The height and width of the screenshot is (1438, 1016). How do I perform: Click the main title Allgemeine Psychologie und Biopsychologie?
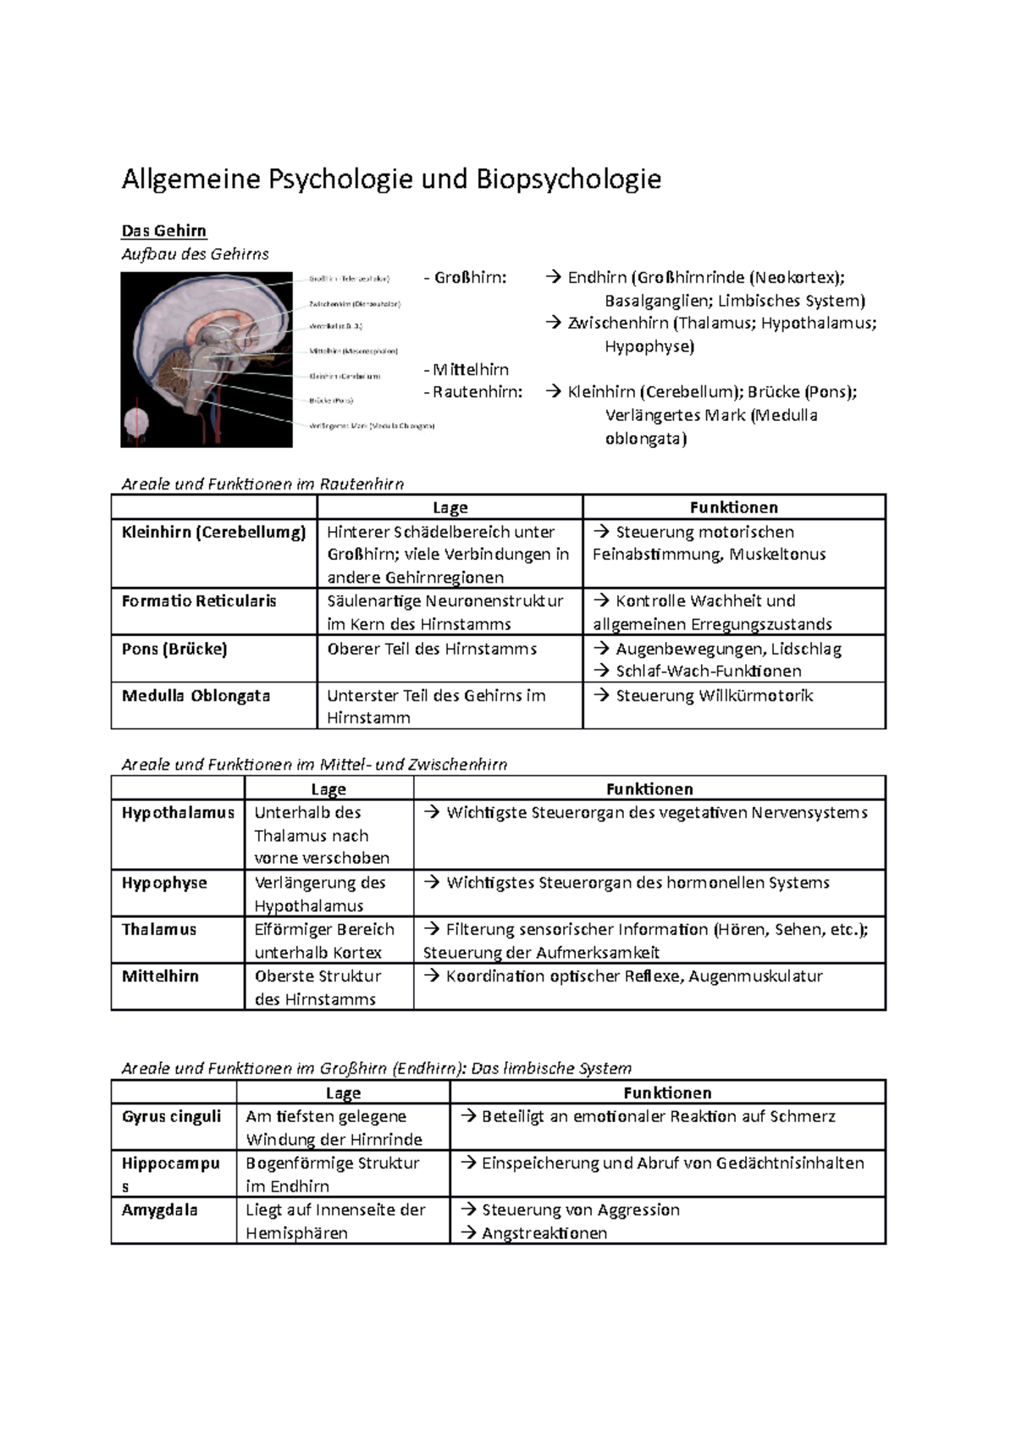click(391, 180)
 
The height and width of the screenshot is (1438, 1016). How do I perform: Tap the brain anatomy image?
click(207, 360)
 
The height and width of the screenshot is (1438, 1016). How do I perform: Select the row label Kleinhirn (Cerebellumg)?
click(213, 533)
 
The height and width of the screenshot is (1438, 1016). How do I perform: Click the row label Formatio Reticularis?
click(199, 601)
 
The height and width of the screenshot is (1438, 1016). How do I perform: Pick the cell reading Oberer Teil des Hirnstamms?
click(432, 649)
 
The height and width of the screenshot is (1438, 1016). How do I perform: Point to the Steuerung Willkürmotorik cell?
click(714, 696)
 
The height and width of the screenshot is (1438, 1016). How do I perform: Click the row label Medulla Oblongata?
click(196, 696)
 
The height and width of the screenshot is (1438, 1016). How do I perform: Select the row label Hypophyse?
click(164, 882)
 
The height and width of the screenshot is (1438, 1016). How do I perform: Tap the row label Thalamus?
click(159, 929)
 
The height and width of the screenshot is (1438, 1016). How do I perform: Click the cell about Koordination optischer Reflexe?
click(634, 976)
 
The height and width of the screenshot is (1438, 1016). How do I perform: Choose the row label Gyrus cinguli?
click(171, 1116)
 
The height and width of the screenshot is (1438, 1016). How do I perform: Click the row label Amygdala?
click(159, 1209)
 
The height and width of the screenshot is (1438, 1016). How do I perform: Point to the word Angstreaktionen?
click(544, 1233)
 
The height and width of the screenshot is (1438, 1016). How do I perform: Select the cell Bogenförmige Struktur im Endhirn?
click(332, 1174)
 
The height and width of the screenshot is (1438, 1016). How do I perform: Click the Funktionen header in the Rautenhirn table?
click(733, 507)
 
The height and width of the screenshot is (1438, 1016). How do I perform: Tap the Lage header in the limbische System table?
click(343, 1092)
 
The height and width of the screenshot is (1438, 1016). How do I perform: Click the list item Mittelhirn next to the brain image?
click(471, 369)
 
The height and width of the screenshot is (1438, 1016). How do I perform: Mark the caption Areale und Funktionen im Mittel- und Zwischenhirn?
click(314, 765)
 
